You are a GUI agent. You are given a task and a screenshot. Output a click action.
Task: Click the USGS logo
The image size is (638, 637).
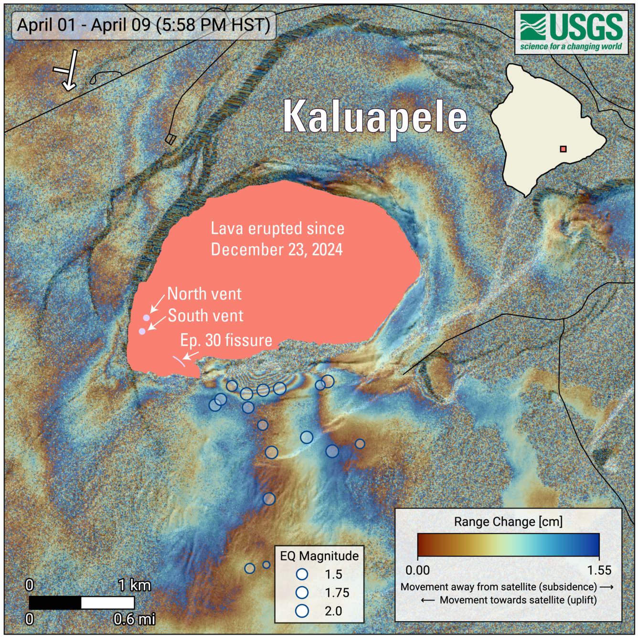(571, 32)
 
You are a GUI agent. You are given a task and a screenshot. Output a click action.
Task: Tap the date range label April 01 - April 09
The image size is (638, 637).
(143, 25)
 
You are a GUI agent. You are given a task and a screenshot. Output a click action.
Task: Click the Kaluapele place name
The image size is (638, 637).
(375, 117)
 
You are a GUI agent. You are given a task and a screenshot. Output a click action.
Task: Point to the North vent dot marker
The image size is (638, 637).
(147, 318)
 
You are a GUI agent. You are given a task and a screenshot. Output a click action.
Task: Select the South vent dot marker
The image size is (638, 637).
(142, 331)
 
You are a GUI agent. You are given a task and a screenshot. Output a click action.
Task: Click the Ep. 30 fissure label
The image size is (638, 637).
(226, 340)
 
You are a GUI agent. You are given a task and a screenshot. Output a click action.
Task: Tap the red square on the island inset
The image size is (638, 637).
(564, 149)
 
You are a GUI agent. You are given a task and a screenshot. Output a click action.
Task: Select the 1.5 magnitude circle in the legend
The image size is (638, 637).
(302, 574)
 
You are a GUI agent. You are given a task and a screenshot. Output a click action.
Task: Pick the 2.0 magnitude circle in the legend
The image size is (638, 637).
(302, 611)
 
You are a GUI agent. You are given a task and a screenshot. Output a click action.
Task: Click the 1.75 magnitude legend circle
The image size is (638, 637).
(302, 593)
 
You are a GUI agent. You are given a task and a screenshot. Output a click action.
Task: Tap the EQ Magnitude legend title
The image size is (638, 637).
(319, 556)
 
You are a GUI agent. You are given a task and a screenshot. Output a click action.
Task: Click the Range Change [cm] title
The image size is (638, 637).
(508, 522)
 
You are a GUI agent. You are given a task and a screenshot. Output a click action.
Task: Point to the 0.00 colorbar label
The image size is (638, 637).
(417, 570)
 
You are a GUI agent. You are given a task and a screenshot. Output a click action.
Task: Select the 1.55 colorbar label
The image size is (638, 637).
(599, 570)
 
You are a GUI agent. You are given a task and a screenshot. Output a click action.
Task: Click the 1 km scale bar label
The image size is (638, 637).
(134, 585)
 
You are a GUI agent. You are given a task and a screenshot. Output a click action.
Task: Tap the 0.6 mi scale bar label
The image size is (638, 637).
(134, 619)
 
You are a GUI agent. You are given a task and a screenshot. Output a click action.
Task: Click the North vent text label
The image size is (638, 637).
(204, 294)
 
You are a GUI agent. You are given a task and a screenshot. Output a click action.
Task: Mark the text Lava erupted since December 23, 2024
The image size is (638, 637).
(277, 239)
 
